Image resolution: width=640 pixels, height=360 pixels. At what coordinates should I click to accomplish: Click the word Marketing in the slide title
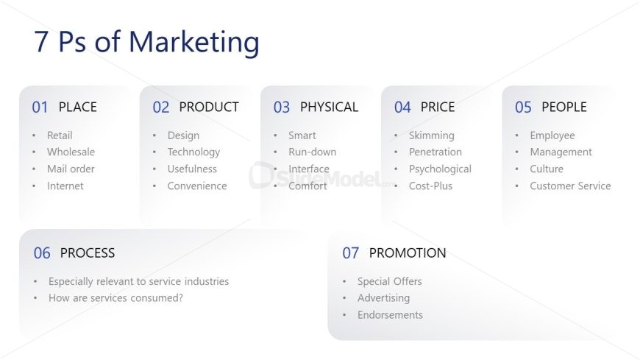(x=194, y=43)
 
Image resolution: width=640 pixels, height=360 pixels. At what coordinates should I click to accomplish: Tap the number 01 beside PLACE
(x=40, y=107)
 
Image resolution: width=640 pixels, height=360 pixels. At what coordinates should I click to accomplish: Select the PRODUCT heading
(x=209, y=107)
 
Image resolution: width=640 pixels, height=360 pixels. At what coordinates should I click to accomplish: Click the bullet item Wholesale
(x=71, y=152)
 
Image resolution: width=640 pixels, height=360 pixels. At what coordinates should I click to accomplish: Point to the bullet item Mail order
(x=71, y=169)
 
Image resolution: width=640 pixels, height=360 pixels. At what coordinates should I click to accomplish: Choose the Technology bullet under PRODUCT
(x=194, y=152)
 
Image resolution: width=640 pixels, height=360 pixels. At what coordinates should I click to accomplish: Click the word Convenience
(x=197, y=186)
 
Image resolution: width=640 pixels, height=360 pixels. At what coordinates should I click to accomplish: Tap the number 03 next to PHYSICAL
(x=282, y=107)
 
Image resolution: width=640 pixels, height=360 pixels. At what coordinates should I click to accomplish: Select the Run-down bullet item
(x=312, y=152)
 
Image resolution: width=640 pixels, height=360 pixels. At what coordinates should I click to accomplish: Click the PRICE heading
(x=438, y=107)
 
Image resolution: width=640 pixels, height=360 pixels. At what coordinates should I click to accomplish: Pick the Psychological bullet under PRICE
(x=440, y=169)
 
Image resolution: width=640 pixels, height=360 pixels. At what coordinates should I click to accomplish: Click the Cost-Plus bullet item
(x=430, y=186)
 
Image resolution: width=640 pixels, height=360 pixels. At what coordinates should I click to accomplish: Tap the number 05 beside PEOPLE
(x=523, y=107)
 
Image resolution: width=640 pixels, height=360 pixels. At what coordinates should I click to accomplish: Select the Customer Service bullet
(x=570, y=186)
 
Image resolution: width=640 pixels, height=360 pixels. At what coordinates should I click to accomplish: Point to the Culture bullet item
(x=547, y=169)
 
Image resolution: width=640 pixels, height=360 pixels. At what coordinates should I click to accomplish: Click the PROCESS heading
(x=88, y=253)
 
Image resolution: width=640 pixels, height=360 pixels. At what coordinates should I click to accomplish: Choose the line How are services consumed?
(x=115, y=298)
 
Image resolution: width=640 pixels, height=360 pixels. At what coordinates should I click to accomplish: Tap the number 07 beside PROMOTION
(x=351, y=253)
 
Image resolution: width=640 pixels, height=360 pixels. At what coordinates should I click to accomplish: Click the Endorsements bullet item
(x=390, y=315)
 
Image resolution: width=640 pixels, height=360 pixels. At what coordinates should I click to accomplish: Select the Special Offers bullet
(x=390, y=281)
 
